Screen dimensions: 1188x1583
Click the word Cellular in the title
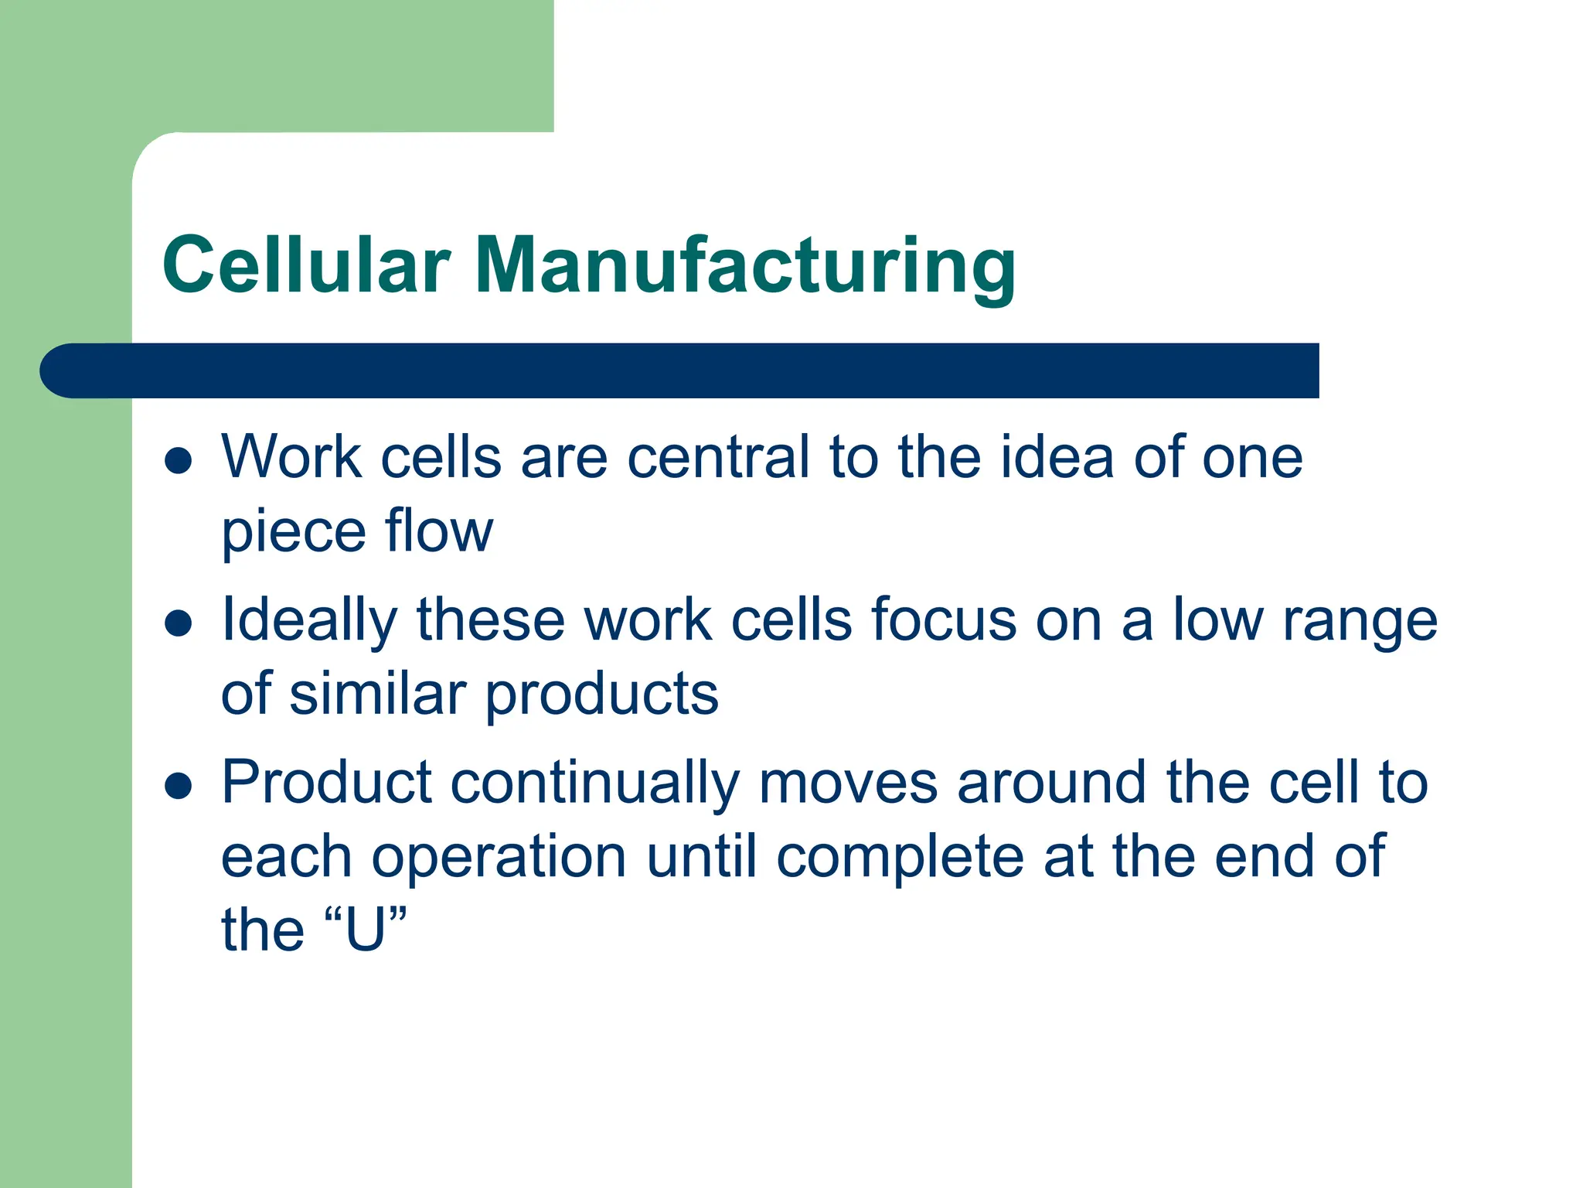tap(306, 265)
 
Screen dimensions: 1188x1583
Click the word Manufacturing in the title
tap(744, 265)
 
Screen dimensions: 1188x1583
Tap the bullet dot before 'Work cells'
tap(179, 461)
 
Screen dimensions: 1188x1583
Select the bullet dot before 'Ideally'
tap(179, 623)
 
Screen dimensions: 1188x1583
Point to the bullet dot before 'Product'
tap(179, 786)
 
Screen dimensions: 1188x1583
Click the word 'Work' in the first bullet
tap(291, 457)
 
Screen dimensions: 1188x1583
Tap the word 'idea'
tap(1056, 457)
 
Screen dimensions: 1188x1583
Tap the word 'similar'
tap(377, 693)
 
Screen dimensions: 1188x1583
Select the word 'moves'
tap(848, 783)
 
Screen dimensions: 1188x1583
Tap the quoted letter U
tap(365, 930)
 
